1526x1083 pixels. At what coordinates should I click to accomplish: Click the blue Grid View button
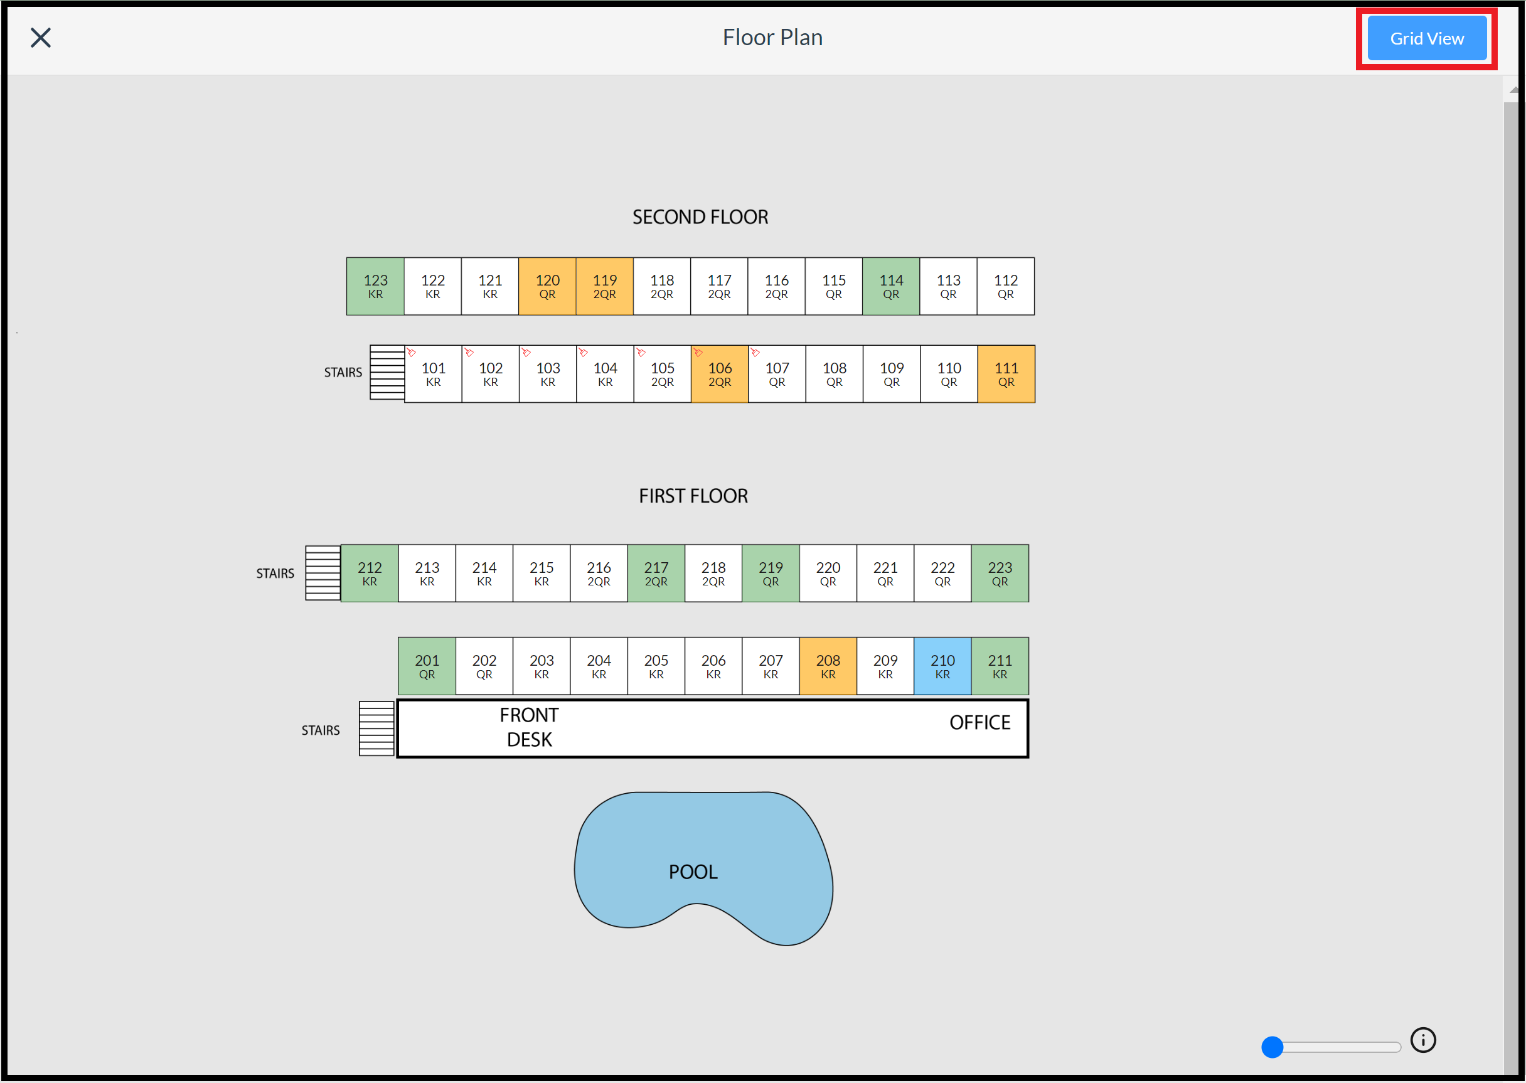click(x=1426, y=39)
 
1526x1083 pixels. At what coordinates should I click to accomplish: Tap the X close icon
click(x=41, y=38)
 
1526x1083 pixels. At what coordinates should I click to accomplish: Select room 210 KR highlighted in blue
click(x=942, y=666)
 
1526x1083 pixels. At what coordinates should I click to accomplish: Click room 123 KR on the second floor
click(x=375, y=286)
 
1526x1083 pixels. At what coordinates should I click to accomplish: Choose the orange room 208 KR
click(x=827, y=666)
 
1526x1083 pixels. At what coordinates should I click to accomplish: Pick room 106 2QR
click(x=719, y=374)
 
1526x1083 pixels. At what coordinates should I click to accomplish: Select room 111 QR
click(x=1006, y=374)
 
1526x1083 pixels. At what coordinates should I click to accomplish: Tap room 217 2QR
click(x=656, y=574)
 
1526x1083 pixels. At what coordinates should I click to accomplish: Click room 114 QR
click(x=890, y=286)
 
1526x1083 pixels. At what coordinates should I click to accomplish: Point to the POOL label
click(x=693, y=872)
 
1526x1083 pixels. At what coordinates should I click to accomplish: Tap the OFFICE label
click(x=979, y=722)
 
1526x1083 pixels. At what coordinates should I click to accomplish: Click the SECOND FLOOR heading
click(x=700, y=217)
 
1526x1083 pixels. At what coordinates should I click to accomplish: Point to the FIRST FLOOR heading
click(x=693, y=496)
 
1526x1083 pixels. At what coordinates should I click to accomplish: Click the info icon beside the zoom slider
click(x=1422, y=1040)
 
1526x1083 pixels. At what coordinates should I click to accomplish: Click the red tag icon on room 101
click(x=412, y=352)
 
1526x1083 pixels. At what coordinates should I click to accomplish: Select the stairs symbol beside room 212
click(x=323, y=574)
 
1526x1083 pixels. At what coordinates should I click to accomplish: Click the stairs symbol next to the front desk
click(x=376, y=728)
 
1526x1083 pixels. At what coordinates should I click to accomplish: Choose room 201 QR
click(x=426, y=666)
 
